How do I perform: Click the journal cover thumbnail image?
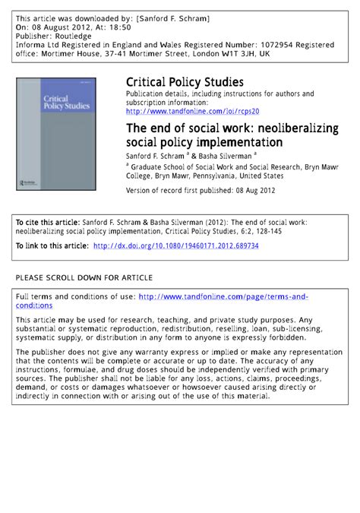tap(65, 134)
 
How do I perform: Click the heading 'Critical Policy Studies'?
tap(184, 82)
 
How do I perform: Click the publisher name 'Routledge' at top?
tap(73, 36)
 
